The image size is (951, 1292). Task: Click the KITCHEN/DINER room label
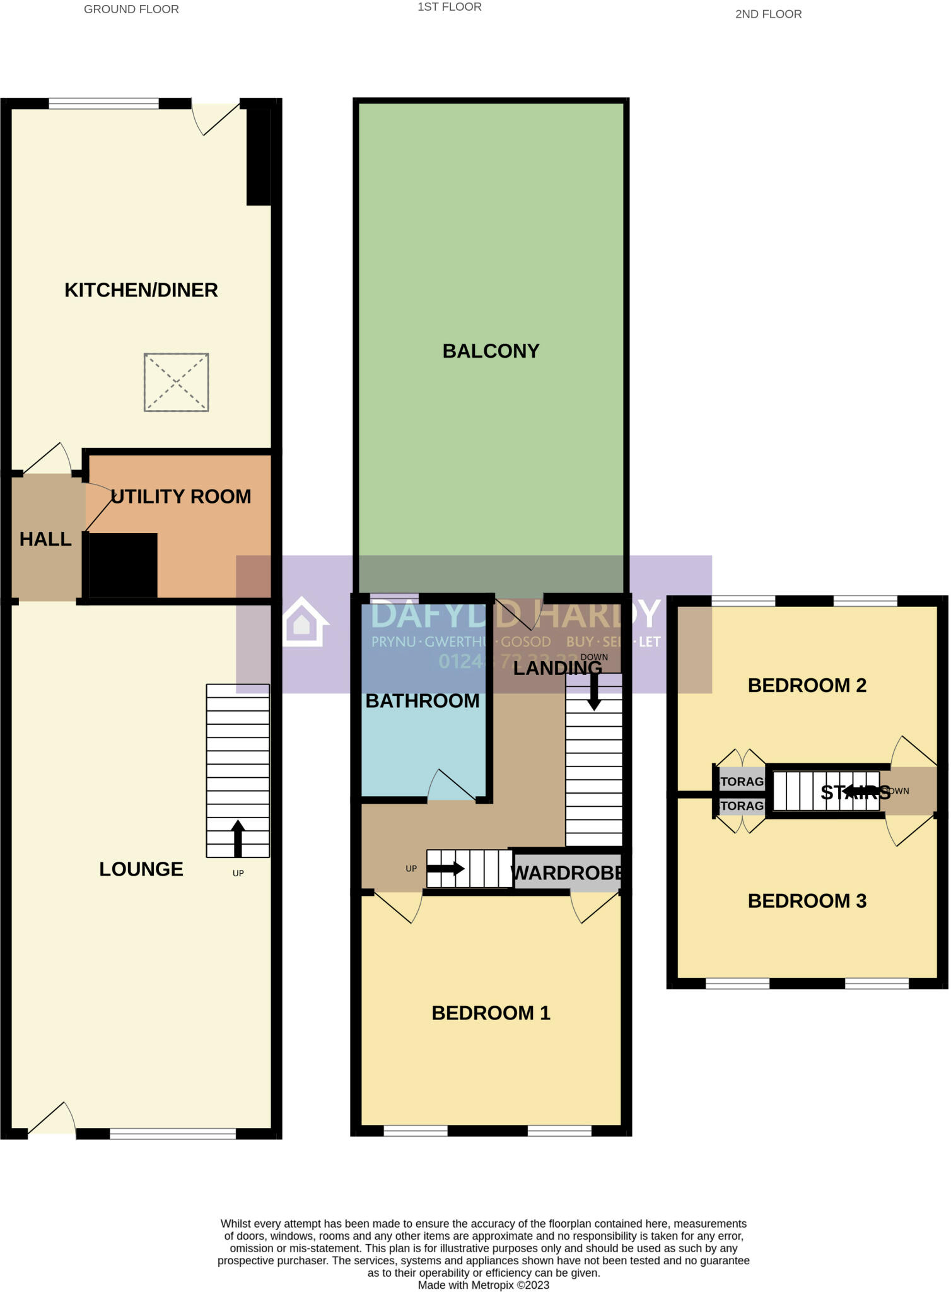141,290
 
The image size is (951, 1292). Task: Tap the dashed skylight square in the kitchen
176,382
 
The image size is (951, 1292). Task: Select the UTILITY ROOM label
181,496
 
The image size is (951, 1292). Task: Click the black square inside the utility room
123,565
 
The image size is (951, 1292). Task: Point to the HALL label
45,539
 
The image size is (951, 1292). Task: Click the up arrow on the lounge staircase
238,838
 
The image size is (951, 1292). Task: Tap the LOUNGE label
141,869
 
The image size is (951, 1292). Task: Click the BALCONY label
491,351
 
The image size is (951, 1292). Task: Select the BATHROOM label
423,701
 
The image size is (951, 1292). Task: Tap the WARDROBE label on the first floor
567,873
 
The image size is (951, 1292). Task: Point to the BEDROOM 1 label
491,1013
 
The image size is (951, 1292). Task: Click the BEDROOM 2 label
807,686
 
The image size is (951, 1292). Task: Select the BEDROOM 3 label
807,901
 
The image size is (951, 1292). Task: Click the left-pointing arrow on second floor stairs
857,790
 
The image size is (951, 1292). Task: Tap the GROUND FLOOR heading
131,9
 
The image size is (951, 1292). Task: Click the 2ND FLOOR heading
768,15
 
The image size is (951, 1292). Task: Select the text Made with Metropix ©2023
483,1285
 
